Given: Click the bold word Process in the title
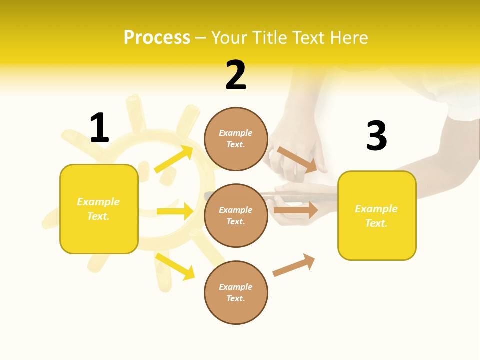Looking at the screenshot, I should tap(157, 38).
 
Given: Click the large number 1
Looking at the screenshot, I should tap(99, 128).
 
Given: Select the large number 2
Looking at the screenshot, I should tap(236, 75).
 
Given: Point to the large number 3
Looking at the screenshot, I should tap(376, 136).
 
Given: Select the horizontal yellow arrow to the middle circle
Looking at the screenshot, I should tap(175, 211).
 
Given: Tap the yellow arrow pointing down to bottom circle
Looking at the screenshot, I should tap(175, 266).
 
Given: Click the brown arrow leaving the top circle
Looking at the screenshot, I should tap(297, 160).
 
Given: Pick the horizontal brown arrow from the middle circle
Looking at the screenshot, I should tap(296, 210).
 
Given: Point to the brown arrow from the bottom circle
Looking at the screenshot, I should tap(294, 265).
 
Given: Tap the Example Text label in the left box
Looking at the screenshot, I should tap(98, 209).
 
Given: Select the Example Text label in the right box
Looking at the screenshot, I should tap(376, 216).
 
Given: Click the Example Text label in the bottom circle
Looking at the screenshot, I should tap(235, 292).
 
